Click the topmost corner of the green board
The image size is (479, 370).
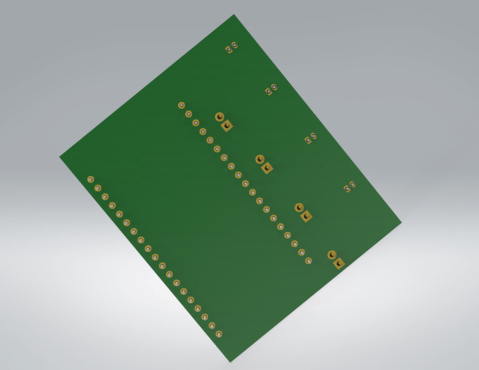point(234,15)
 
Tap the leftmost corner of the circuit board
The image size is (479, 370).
point(60,157)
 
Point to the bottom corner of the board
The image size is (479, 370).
point(230,362)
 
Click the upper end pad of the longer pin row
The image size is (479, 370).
point(90,179)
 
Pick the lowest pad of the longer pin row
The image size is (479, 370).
point(219,334)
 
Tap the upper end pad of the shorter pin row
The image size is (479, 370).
point(181,105)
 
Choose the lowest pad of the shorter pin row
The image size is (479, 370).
point(308,261)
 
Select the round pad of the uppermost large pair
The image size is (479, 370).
point(219,117)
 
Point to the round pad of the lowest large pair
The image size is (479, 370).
point(331,254)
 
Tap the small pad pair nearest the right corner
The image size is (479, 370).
point(349,187)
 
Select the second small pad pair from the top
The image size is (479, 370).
point(271,90)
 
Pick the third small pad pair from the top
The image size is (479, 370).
point(311,138)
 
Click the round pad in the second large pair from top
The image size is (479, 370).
point(260,159)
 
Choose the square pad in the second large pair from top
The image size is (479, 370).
point(267,168)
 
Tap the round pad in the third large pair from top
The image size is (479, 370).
point(299,207)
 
